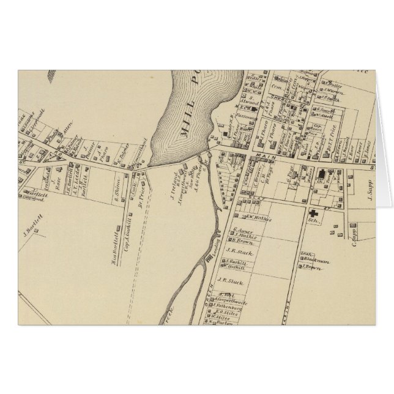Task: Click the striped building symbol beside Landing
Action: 209,259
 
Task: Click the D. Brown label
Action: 244,242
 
